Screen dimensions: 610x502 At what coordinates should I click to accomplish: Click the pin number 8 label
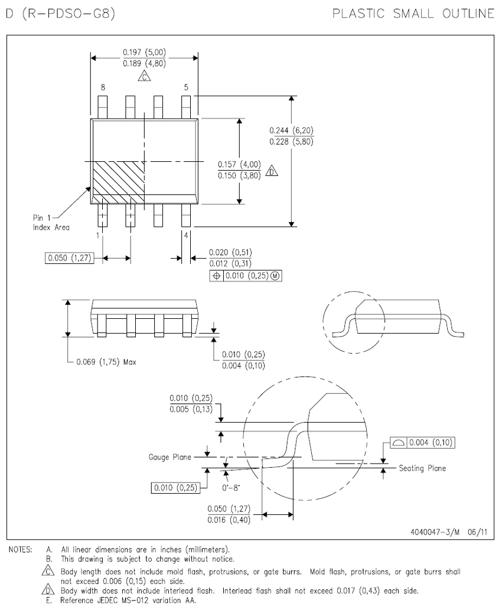[x=103, y=87]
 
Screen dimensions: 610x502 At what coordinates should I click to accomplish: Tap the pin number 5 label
[x=186, y=87]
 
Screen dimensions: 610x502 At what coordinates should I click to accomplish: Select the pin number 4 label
[x=186, y=236]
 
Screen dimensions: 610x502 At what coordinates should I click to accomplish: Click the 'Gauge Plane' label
[x=167, y=457]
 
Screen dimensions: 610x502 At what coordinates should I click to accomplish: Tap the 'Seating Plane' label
[x=422, y=468]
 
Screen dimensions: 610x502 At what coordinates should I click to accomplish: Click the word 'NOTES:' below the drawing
[x=21, y=549]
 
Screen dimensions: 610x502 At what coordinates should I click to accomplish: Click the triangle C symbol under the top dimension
[x=144, y=77]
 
